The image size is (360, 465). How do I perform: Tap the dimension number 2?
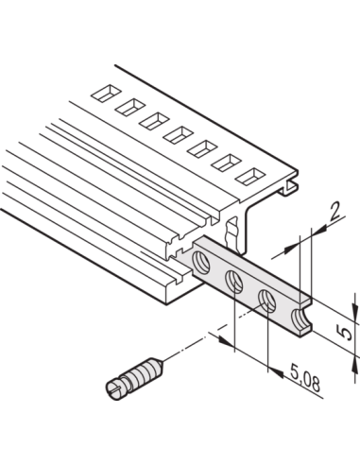[334, 213]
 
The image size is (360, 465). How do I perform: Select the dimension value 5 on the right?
[346, 334]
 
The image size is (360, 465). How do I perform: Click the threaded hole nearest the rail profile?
[201, 262]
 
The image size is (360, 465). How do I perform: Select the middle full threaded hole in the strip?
[233, 282]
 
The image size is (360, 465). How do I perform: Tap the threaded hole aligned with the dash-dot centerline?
[267, 301]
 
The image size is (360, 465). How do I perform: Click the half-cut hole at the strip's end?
[300, 319]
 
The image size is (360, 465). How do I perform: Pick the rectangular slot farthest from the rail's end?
[106, 94]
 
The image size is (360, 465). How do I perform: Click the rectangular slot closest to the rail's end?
[251, 177]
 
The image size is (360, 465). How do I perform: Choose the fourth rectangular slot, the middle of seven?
[179, 135]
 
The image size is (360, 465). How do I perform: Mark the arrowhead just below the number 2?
[318, 231]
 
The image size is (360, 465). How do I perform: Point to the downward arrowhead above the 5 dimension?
[356, 309]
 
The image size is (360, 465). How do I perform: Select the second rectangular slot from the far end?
[130, 107]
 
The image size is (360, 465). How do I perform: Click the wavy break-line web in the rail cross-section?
[232, 232]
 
